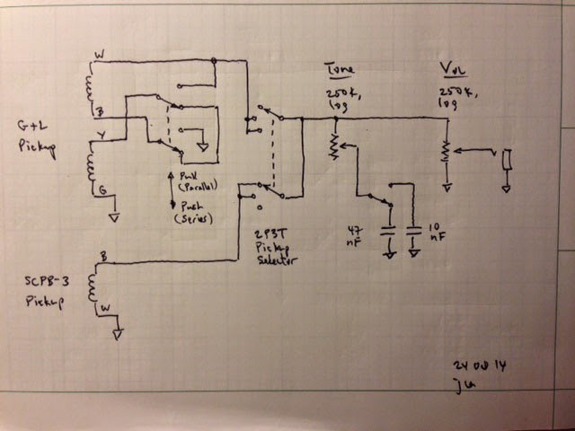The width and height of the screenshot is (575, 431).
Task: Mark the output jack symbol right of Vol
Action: [509, 160]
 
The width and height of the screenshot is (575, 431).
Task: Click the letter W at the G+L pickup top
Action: [98, 56]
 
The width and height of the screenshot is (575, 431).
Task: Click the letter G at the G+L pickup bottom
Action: [102, 189]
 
